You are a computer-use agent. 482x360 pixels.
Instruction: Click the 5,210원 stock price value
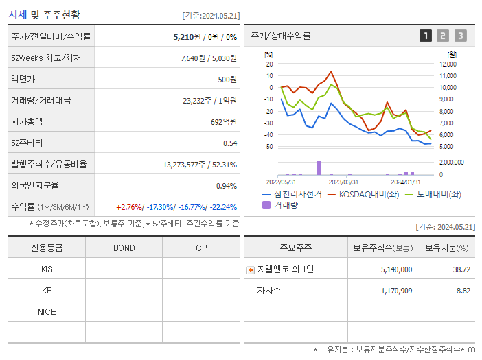187,36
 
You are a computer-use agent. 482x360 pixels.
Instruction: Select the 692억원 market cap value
224,121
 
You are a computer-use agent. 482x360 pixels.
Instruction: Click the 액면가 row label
23,79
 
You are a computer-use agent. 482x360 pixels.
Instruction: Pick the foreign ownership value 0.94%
226,185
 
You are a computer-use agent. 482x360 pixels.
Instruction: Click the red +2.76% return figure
128,206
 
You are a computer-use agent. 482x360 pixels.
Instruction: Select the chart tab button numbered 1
426,36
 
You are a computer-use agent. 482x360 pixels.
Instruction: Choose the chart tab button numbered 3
460,36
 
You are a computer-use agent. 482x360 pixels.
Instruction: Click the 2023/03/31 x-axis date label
343,182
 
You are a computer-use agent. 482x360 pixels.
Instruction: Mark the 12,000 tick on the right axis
447,64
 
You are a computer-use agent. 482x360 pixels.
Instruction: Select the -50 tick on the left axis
268,147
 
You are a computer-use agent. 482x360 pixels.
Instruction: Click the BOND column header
124,248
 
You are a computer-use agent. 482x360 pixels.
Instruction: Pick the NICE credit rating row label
47,312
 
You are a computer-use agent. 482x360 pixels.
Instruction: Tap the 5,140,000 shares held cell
396,269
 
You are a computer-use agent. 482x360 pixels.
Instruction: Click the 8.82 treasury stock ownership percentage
463,291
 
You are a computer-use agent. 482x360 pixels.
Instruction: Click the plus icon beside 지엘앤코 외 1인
251,269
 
